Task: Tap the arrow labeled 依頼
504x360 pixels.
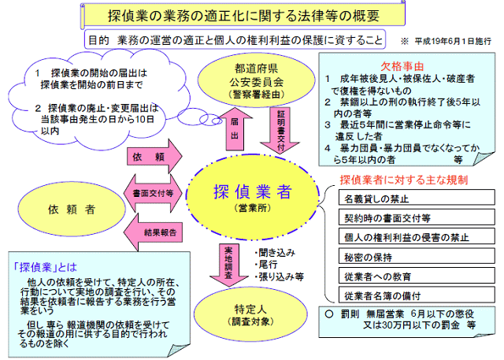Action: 154,158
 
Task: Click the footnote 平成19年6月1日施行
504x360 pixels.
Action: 450,39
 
